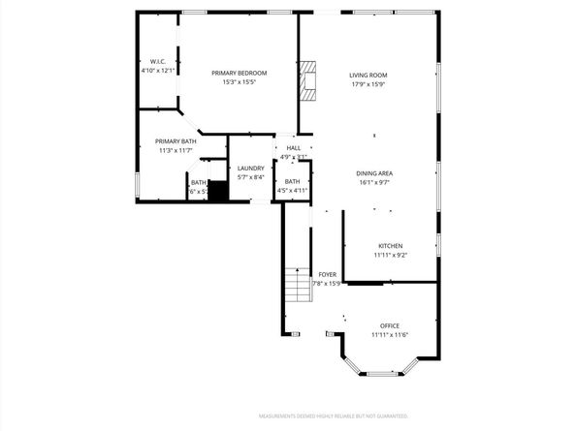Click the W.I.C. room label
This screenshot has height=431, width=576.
coord(157,61)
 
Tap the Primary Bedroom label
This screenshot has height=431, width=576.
coord(239,74)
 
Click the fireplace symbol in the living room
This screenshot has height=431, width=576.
coord(308,81)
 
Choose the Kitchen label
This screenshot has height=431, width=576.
coord(390,246)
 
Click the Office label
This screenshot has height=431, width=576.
coord(390,325)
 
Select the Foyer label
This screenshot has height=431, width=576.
coord(328,274)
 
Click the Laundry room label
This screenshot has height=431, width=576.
coord(251,169)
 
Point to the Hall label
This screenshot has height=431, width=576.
coord(293,148)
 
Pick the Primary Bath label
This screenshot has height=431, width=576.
coord(176,141)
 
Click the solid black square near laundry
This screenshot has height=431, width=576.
coord(218,191)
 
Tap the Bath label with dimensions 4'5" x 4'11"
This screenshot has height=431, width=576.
coord(292,181)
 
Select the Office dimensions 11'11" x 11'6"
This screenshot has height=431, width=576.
coord(390,335)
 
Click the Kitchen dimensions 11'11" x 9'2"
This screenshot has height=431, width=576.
coord(390,256)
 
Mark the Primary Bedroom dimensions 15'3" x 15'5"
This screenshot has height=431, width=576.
coord(239,83)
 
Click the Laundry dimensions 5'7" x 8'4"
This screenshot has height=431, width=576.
coord(251,177)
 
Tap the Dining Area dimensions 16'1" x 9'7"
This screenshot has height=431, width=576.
coord(373,182)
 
